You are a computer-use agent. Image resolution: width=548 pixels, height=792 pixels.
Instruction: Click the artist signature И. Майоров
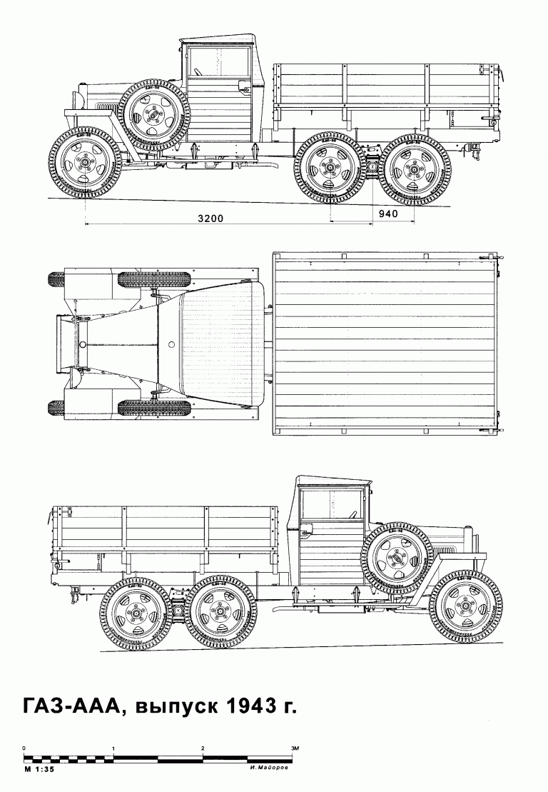(x=269, y=769)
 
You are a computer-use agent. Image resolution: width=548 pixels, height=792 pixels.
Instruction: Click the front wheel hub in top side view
(x=83, y=162)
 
